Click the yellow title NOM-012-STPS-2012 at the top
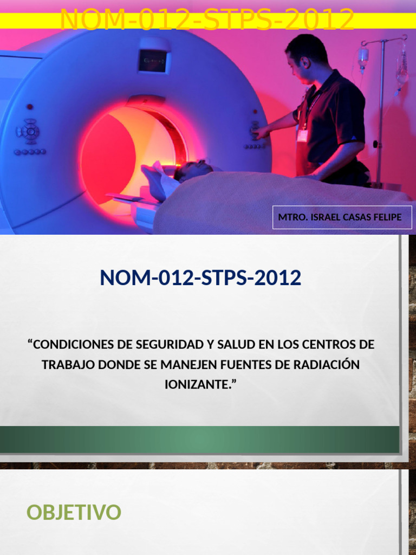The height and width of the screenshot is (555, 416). pyautogui.click(x=207, y=20)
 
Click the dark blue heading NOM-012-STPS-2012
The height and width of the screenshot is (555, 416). pyautogui.click(x=200, y=278)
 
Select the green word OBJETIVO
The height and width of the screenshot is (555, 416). pyautogui.click(x=74, y=512)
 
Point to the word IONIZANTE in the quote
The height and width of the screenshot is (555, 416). pyautogui.click(x=198, y=384)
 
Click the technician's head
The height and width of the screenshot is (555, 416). pyautogui.click(x=306, y=57)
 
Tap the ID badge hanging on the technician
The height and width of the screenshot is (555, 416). pyautogui.click(x=302, y=132)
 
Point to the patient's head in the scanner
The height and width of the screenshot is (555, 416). pyautogui.click(x=192, y=170)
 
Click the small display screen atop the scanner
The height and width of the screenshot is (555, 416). pyautogui.click(x=153, y=61)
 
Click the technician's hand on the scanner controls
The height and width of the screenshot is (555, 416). pyautogui.click(x=261, y=132)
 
